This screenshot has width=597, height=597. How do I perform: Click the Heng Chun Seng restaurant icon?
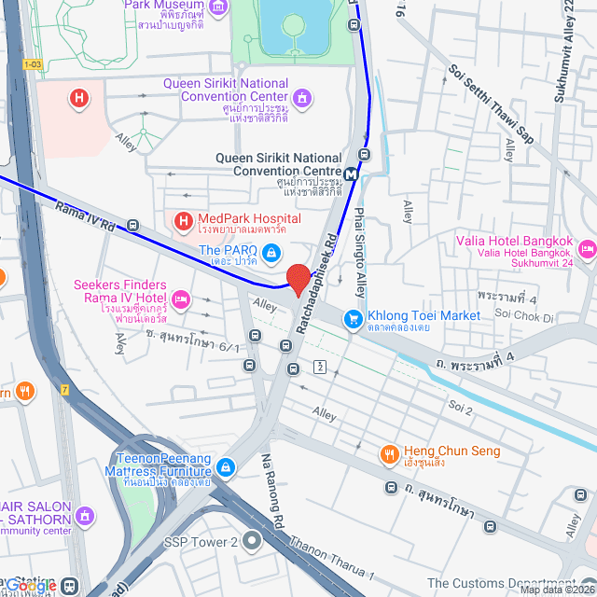coord(389,454)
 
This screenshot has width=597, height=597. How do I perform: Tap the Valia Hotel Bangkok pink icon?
coord(587,248)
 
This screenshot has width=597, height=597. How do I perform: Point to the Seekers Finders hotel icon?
coord(181,298)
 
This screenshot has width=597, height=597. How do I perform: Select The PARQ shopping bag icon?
coord(271,252)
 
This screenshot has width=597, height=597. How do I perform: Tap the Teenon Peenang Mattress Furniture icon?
coord(224,466)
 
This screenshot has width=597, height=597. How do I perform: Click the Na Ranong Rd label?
coord(272,481)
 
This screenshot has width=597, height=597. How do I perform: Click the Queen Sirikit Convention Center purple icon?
coord(300,98)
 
